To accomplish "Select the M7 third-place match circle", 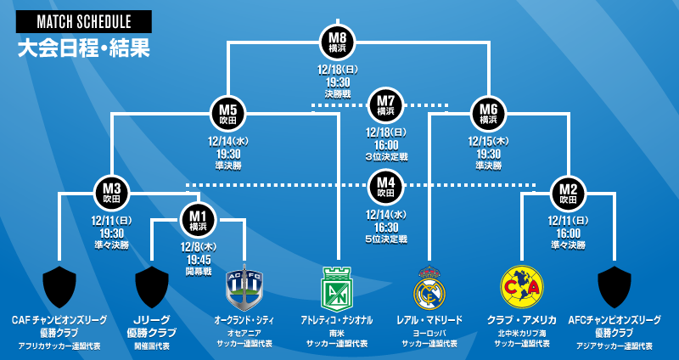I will click(386, 106).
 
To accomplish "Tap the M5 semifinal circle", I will click(227, 113).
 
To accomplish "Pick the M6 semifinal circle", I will click(488, 113).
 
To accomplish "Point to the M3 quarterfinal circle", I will click(112, 192).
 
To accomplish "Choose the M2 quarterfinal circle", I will click(568, 192).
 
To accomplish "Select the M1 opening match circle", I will click(198, 221).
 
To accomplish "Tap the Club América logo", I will click(521, 286).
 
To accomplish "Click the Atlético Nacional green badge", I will click(337, 288).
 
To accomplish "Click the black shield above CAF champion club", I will click(59, 287).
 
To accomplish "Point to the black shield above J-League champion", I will click(152, 287).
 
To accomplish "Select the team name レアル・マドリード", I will click(429, 320).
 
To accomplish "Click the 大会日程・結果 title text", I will click(83, 48).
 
